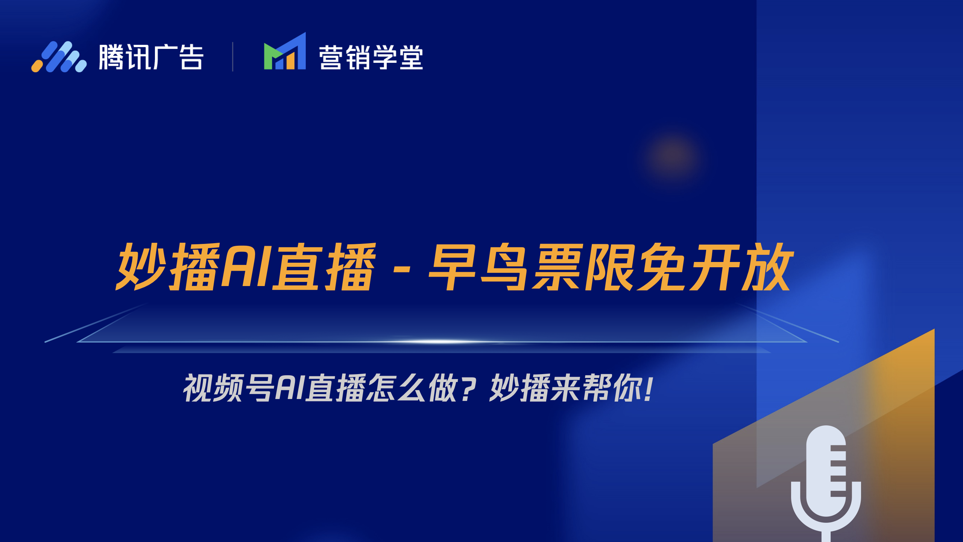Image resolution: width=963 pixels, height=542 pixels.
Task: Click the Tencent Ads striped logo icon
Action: coord(59,56)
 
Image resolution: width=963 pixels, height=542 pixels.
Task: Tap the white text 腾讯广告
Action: coord(151,57)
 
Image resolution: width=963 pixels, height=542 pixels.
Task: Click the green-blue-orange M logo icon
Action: coord(285,51)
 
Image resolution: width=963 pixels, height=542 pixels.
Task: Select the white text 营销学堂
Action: coord(371,58)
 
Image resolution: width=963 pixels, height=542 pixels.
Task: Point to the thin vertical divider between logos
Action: coord(233,56)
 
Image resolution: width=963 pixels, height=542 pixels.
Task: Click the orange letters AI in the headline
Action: coord(246,266)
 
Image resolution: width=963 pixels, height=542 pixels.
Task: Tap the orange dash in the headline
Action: coord(401,269)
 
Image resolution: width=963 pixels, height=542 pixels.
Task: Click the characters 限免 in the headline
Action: coord(635,267)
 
